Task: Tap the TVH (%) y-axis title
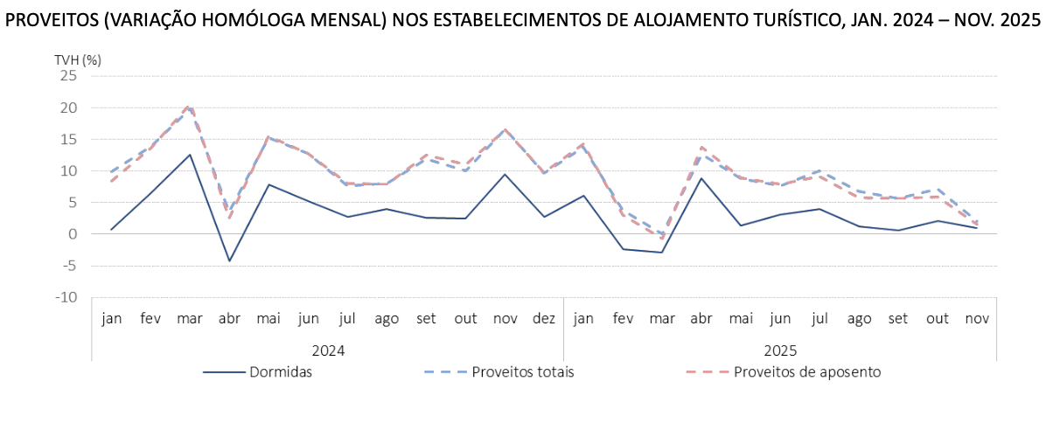click(x=78, y=60)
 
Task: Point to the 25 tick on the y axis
click(x=68, y=76)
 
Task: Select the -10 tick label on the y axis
click(x=66, y=297)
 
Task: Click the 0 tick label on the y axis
click(x=73, y=234)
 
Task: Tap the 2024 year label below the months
click(x=328, y=350)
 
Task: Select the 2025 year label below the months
click(x=780, y=350)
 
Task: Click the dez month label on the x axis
click(x=544, y=319)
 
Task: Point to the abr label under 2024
click(x=229, y=319)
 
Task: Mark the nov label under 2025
click(x=977, y=319)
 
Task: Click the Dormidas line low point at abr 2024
click(x=229, y=261)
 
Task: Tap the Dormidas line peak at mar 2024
click(x=190, y=155)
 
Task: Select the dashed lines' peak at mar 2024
click(x=190, y=107)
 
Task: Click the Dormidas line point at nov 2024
click(x=505, y=174)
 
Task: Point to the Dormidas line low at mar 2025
click(x=662, y=253)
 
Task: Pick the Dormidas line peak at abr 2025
click(x=701, y=178)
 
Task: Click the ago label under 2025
click(x=859, y=319)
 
